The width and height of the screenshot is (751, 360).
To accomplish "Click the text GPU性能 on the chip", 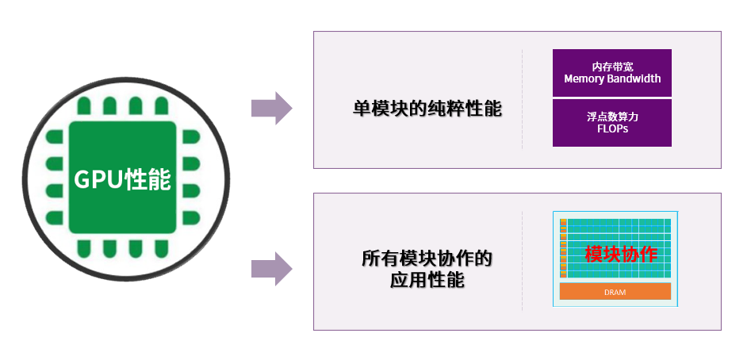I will [x=123, y=180].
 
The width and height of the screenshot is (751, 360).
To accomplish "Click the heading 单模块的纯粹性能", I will [x=427, y=109].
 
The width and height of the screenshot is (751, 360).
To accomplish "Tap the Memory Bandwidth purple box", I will [x=612, y=73].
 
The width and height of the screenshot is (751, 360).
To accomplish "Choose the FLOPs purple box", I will [x=612, y=123].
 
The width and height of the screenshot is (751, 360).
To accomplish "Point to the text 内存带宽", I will [x=612, y=67].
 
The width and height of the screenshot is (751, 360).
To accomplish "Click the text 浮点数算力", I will [x=612, y=117].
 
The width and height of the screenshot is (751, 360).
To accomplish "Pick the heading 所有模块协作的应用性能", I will [x=427, y=269].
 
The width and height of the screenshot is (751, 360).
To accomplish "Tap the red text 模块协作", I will [x=620, y=255].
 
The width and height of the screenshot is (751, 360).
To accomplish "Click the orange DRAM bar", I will [x=615, y=293].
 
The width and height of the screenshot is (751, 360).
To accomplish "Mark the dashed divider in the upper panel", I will [x=522, y=99].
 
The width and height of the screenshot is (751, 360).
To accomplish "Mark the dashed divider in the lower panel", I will [x=522, y=260].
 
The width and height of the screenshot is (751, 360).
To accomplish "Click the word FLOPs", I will [x=612, y=128].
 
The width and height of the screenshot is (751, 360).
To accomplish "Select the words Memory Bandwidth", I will [x=612, y=79].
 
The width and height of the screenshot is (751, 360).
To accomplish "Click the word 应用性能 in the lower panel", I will [x=427, y=280].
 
